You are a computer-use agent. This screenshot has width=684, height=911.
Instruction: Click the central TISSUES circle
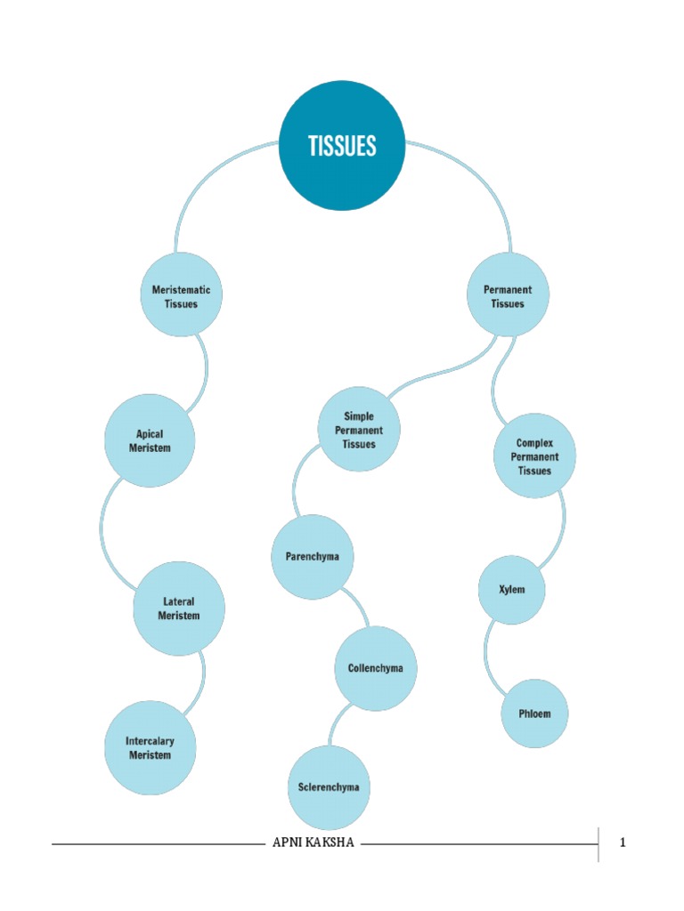[x=342, y=146]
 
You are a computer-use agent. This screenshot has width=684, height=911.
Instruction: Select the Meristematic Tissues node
[x=182, y=295]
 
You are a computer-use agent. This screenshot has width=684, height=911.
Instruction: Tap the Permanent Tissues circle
[x=508, y=295]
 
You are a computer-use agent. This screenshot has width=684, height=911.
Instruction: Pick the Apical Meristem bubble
[x=150, y=440]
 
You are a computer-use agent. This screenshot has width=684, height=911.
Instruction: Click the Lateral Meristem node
[x=179, y=609]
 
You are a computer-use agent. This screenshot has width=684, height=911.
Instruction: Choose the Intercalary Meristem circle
[x=150, y=747]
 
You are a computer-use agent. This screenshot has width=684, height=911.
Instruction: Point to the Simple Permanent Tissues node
[x=359, y=430]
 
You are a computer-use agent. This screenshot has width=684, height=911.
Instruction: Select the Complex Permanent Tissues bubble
[x=534, y=455]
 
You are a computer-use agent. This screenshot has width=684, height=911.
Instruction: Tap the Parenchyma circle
[x=312, y=557]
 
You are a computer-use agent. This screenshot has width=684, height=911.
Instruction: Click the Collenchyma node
[x=375, y=668]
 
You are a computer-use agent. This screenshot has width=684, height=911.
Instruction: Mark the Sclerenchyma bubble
[x=329, y=787]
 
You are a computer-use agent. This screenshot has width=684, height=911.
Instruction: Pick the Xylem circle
[x=512, y=589]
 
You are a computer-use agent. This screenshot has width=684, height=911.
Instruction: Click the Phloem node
[x=534, y=713]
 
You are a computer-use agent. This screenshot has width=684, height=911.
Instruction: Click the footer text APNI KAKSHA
[x=313, y=842]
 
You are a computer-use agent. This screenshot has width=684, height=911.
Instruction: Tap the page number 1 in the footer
[x=623, y=842]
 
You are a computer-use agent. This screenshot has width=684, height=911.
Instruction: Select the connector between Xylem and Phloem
[x=490, y=654]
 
